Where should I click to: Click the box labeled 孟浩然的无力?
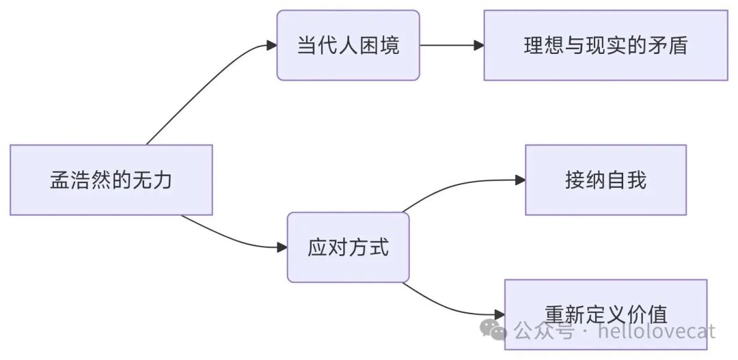(x=111, y=180)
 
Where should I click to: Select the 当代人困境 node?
(x=348, y=45)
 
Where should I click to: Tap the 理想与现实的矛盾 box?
(x=605, y=45)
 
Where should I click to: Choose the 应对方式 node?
(x=348, y=247)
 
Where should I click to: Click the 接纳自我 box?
(x=605, y=180)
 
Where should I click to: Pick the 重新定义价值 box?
(x=605, y=314)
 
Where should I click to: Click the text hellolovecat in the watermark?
(x=656, y=332)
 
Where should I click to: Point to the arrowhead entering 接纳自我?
(x=520, y=180)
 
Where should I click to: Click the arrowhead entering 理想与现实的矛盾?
(x=479, y=45)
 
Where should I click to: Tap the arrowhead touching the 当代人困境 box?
(x=271, y=45)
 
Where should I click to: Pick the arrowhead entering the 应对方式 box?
(x=282, y=247)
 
